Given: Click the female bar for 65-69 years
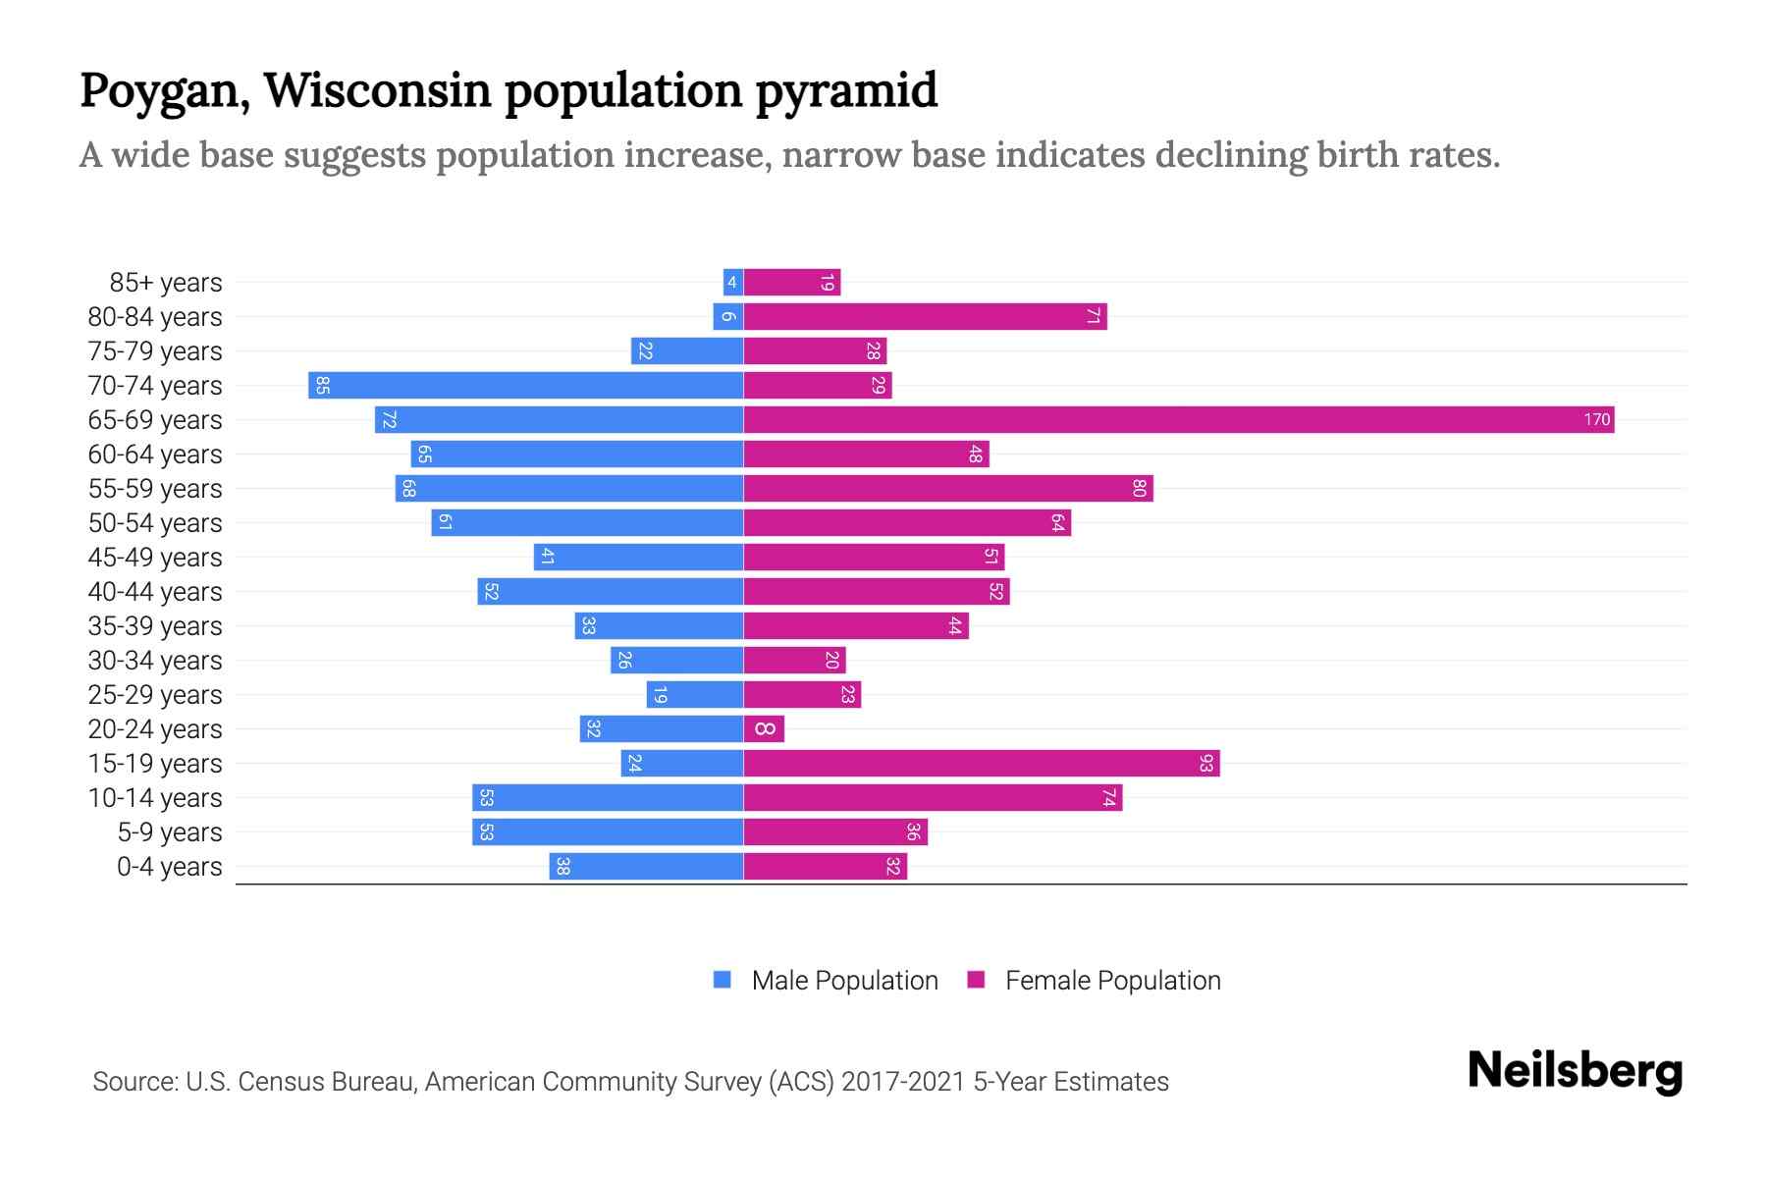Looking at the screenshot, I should (1178, 420).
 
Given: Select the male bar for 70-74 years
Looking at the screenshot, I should (525, 386).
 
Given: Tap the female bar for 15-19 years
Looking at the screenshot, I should (982, 764).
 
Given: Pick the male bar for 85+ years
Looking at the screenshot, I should (732, 283).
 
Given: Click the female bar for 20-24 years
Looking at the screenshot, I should (764, 729).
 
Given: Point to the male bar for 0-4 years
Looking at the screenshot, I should (646, 867).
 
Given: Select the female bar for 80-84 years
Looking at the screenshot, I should (925, 317).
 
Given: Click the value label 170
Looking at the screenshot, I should (1596, 420).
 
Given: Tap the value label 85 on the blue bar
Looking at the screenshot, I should (322, 386).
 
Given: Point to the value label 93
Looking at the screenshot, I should (1205, 764).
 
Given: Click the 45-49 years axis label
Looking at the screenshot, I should (155, 558).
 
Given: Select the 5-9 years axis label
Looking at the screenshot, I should (169, 832).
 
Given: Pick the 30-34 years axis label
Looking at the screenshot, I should (155, 661).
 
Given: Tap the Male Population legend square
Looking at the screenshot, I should (723, 980).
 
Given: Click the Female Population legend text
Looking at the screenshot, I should (1112, 981).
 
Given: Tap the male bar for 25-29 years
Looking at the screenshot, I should (694, 695).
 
